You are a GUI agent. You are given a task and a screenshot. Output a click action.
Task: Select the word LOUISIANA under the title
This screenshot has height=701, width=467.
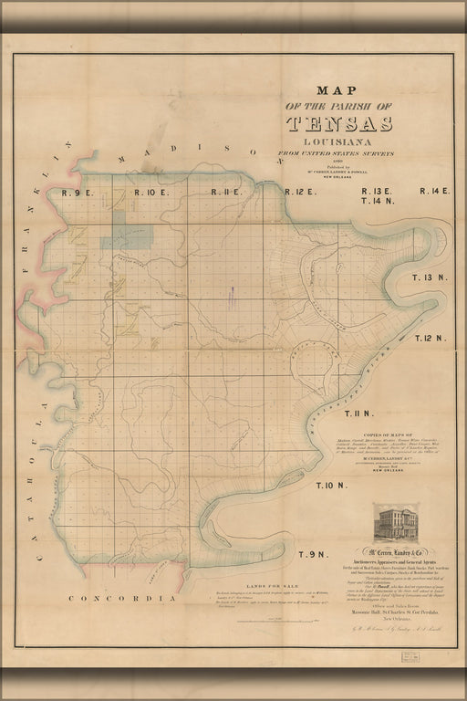click(339, 143)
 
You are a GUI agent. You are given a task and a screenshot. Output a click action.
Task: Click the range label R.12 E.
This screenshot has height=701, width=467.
click(299, 192)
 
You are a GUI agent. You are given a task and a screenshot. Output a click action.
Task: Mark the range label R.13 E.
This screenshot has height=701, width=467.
click(376, 190)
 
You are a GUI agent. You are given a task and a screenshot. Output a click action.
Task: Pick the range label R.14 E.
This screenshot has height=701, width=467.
click(434, 190)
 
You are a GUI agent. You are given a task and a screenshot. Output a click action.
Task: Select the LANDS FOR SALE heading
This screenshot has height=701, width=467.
click(240, 587)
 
